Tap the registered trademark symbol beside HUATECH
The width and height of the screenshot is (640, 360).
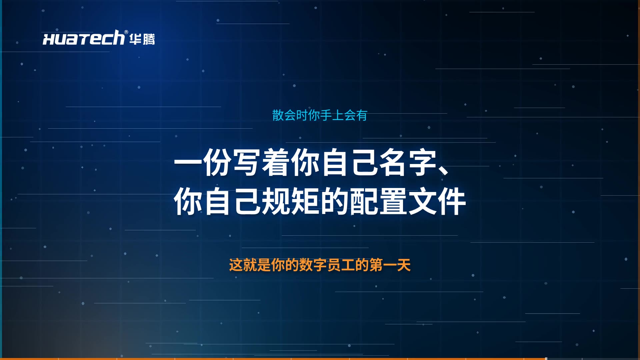tap(126, 32)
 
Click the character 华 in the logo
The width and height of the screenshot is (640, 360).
tap(135, 39)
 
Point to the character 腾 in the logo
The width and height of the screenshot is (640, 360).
tap(149, 39)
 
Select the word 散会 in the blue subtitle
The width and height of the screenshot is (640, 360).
tap(284, 115)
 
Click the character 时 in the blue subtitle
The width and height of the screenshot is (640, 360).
tap(302, 115)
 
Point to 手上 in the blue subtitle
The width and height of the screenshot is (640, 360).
tap(332, 115)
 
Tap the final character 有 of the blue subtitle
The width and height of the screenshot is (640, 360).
tap(362, 115)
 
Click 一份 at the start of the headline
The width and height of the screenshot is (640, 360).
tap(203, 162)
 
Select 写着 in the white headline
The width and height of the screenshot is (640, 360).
tap(261, 162)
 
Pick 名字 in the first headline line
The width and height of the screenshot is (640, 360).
tap(408, 162)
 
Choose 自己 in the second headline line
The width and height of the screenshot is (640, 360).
tap(232, 201)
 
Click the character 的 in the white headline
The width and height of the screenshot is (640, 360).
tap(334, 201)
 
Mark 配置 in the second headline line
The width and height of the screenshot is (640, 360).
tap(378, 201)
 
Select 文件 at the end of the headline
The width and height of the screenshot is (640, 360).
tap(437, 201)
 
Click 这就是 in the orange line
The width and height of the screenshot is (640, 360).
tap(250, 265)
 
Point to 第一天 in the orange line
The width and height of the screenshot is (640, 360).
tap(390, 265)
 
